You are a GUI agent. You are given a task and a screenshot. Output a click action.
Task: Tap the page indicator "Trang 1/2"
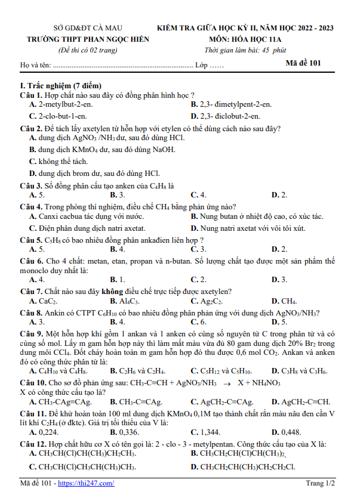click(321, 483)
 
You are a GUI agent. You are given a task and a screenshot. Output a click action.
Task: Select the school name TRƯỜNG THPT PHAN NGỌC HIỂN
click(88, 39)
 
